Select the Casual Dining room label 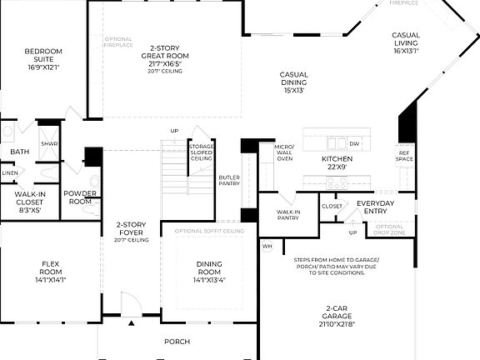click(292, 82)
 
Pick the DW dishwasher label click(354, 144)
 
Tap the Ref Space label click(404, 155)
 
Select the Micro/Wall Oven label click(284, 152)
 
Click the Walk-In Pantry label click(288, 216)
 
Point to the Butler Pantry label click(229, 181)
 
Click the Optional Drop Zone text click(389, 229)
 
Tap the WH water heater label click(267, 246)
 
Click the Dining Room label click(209, 271)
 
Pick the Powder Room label click(80, 198)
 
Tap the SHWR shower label click(49, 143)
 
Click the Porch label click(177, 342)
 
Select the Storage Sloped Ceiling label click(202, 152)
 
